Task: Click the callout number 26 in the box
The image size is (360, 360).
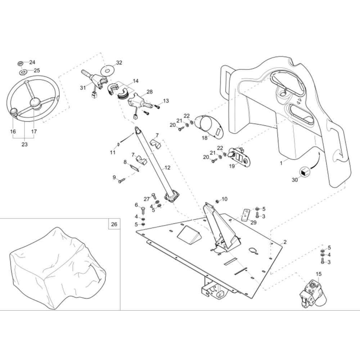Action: [x=114, y=224]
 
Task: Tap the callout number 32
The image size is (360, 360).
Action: [x=119, y=62]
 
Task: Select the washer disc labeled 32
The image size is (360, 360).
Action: [x=108, y=70]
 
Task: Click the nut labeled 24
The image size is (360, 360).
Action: [x=21, y=63]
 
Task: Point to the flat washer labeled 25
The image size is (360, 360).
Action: [x=23, y=73]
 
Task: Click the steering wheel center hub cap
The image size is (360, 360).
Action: [x=35, y=102]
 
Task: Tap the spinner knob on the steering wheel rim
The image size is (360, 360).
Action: [x=14, y=112]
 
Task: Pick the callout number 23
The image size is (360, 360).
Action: [x=24, y=144]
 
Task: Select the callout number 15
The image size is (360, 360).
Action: [x=319, y=274]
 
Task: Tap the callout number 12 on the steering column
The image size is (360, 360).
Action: [x=167, y=168]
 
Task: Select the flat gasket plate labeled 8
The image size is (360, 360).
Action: [x=135, y=167]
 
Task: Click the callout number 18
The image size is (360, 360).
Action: [x=204, y=138]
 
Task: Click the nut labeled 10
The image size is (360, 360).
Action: [x=217, y=201]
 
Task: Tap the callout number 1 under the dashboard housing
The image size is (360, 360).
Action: [x=281, y=163]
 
